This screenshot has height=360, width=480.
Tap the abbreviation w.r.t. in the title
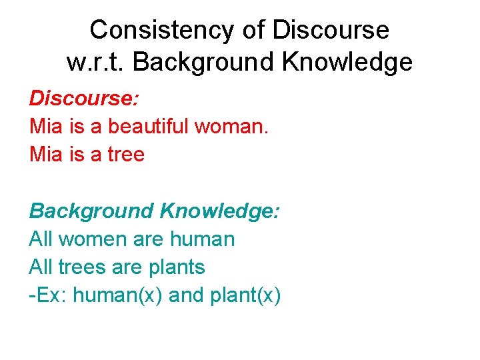pyautogui.click(x=96, y=63)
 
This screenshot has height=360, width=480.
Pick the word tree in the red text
pyautogui.click(x=126, y=155)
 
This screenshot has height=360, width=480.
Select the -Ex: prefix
pyautogui.click(x=48, y=295)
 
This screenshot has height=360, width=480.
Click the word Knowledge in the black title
pyautogui.click(x=349, y=63)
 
